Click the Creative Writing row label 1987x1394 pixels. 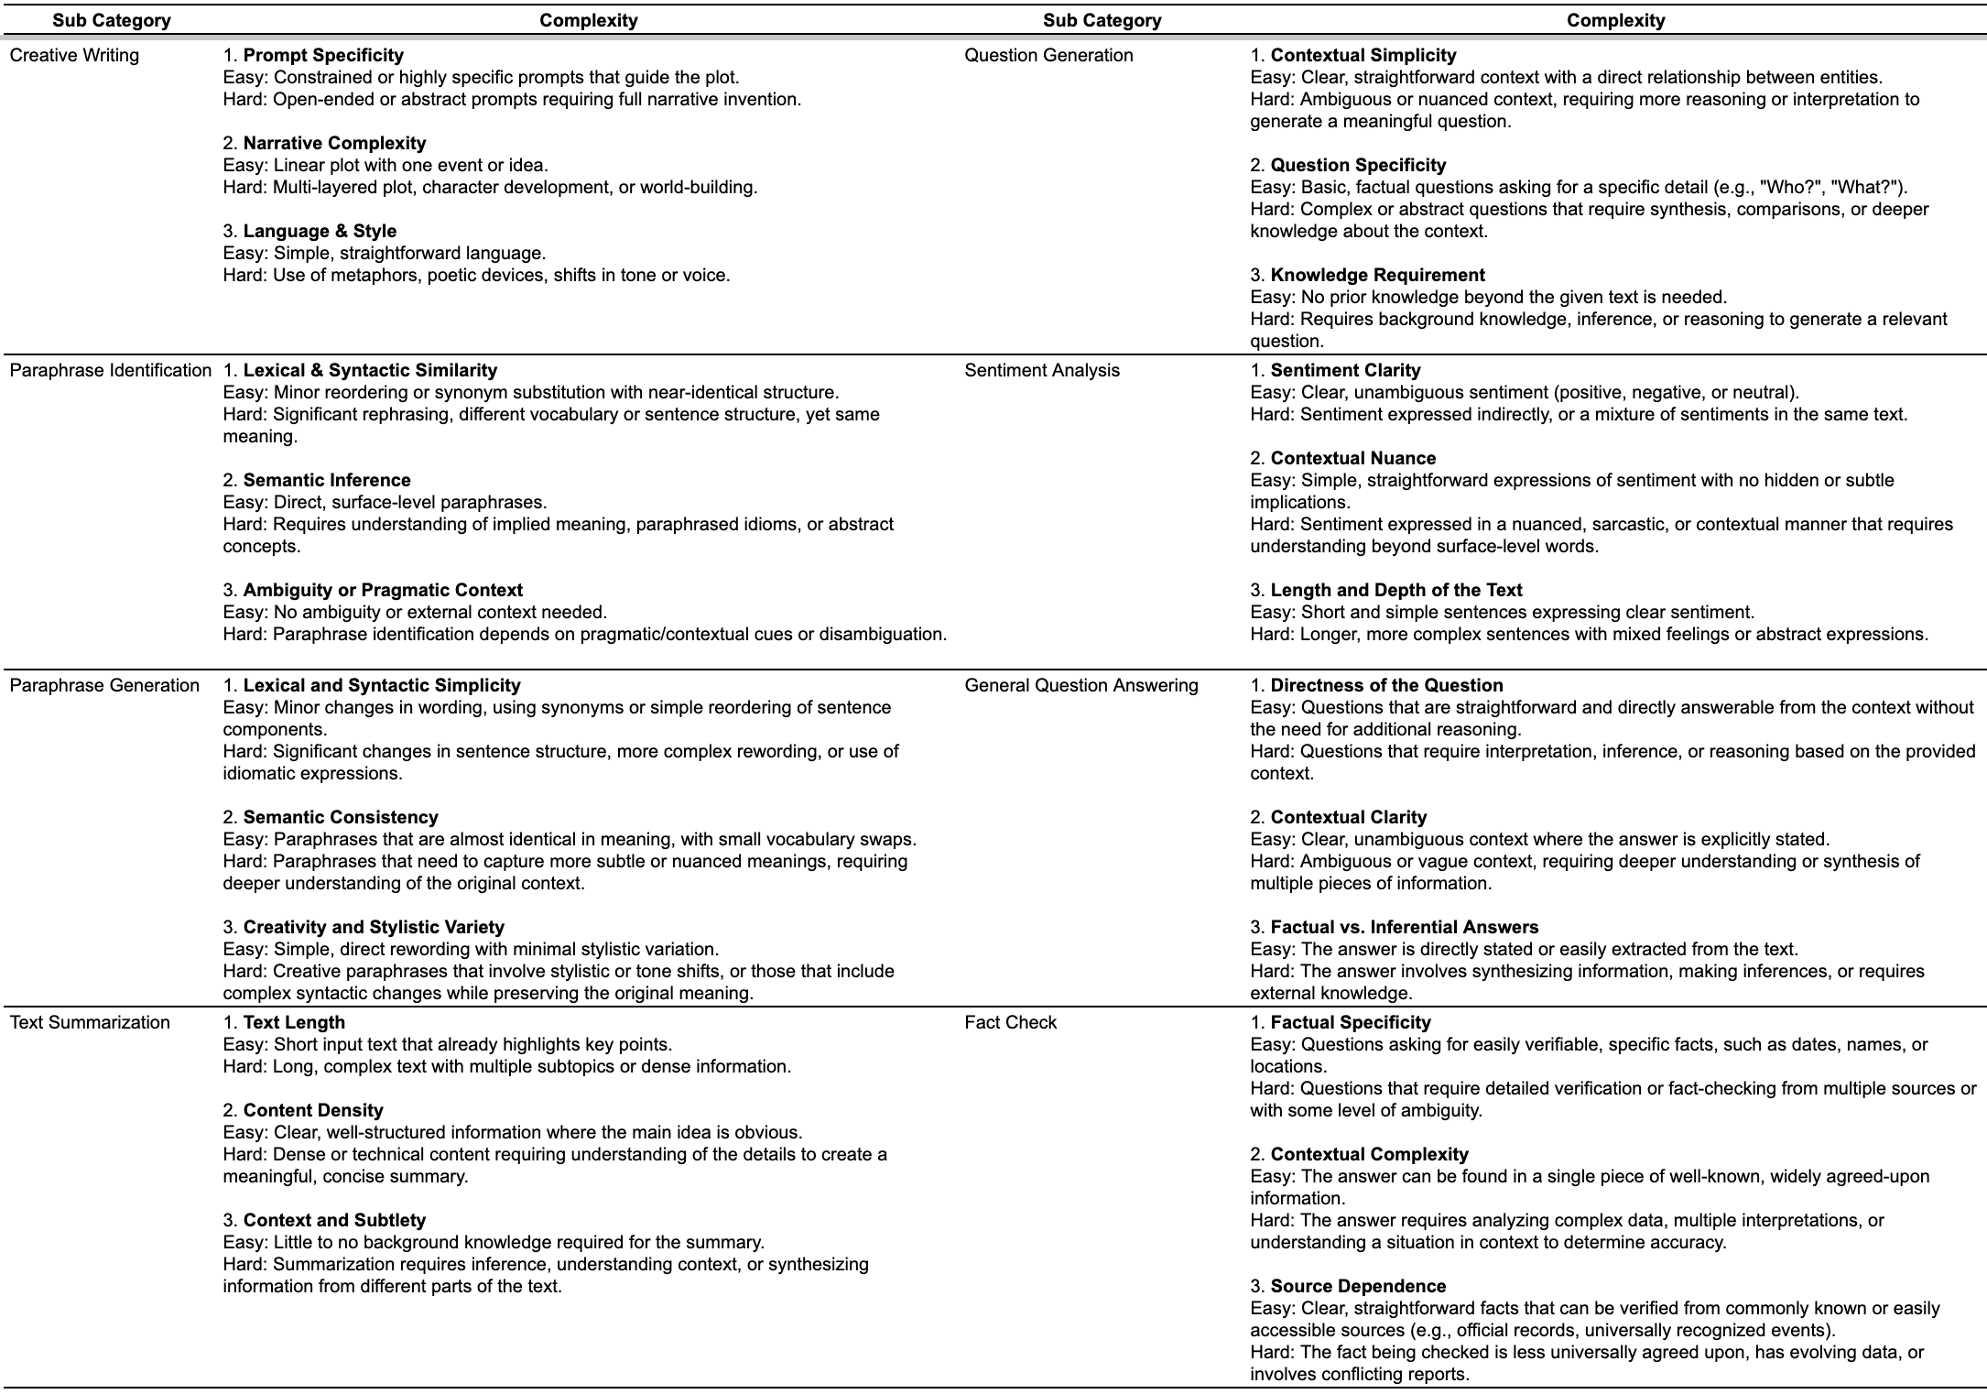coord(74,56)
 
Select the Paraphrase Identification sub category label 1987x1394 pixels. coord(110,371)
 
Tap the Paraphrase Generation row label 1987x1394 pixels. coord(104,686)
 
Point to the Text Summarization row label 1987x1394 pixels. coord(90,1023)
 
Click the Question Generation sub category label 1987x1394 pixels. coord(1048,56)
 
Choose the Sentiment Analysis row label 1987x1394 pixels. coord(1042,371)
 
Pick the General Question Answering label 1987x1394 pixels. coord(1080,686)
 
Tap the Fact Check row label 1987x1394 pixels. coord(1010,1023)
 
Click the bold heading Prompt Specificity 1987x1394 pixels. coord(323,56)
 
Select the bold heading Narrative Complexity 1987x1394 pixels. coord(334,144)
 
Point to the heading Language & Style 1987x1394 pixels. coord(320,232)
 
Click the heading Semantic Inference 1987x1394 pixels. coord(327,481)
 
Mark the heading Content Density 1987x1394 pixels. coord(313,1111)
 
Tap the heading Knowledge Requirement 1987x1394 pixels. coord(1377,276)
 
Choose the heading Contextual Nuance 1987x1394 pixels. coord(1353,459)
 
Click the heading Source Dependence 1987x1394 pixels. coord(1358,1287)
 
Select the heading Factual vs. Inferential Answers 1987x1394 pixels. coord(1405,928)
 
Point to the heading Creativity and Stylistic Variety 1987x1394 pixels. coord(374,928)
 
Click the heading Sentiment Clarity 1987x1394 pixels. coord(1345,371)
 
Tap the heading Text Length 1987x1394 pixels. coord(294,1023)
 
